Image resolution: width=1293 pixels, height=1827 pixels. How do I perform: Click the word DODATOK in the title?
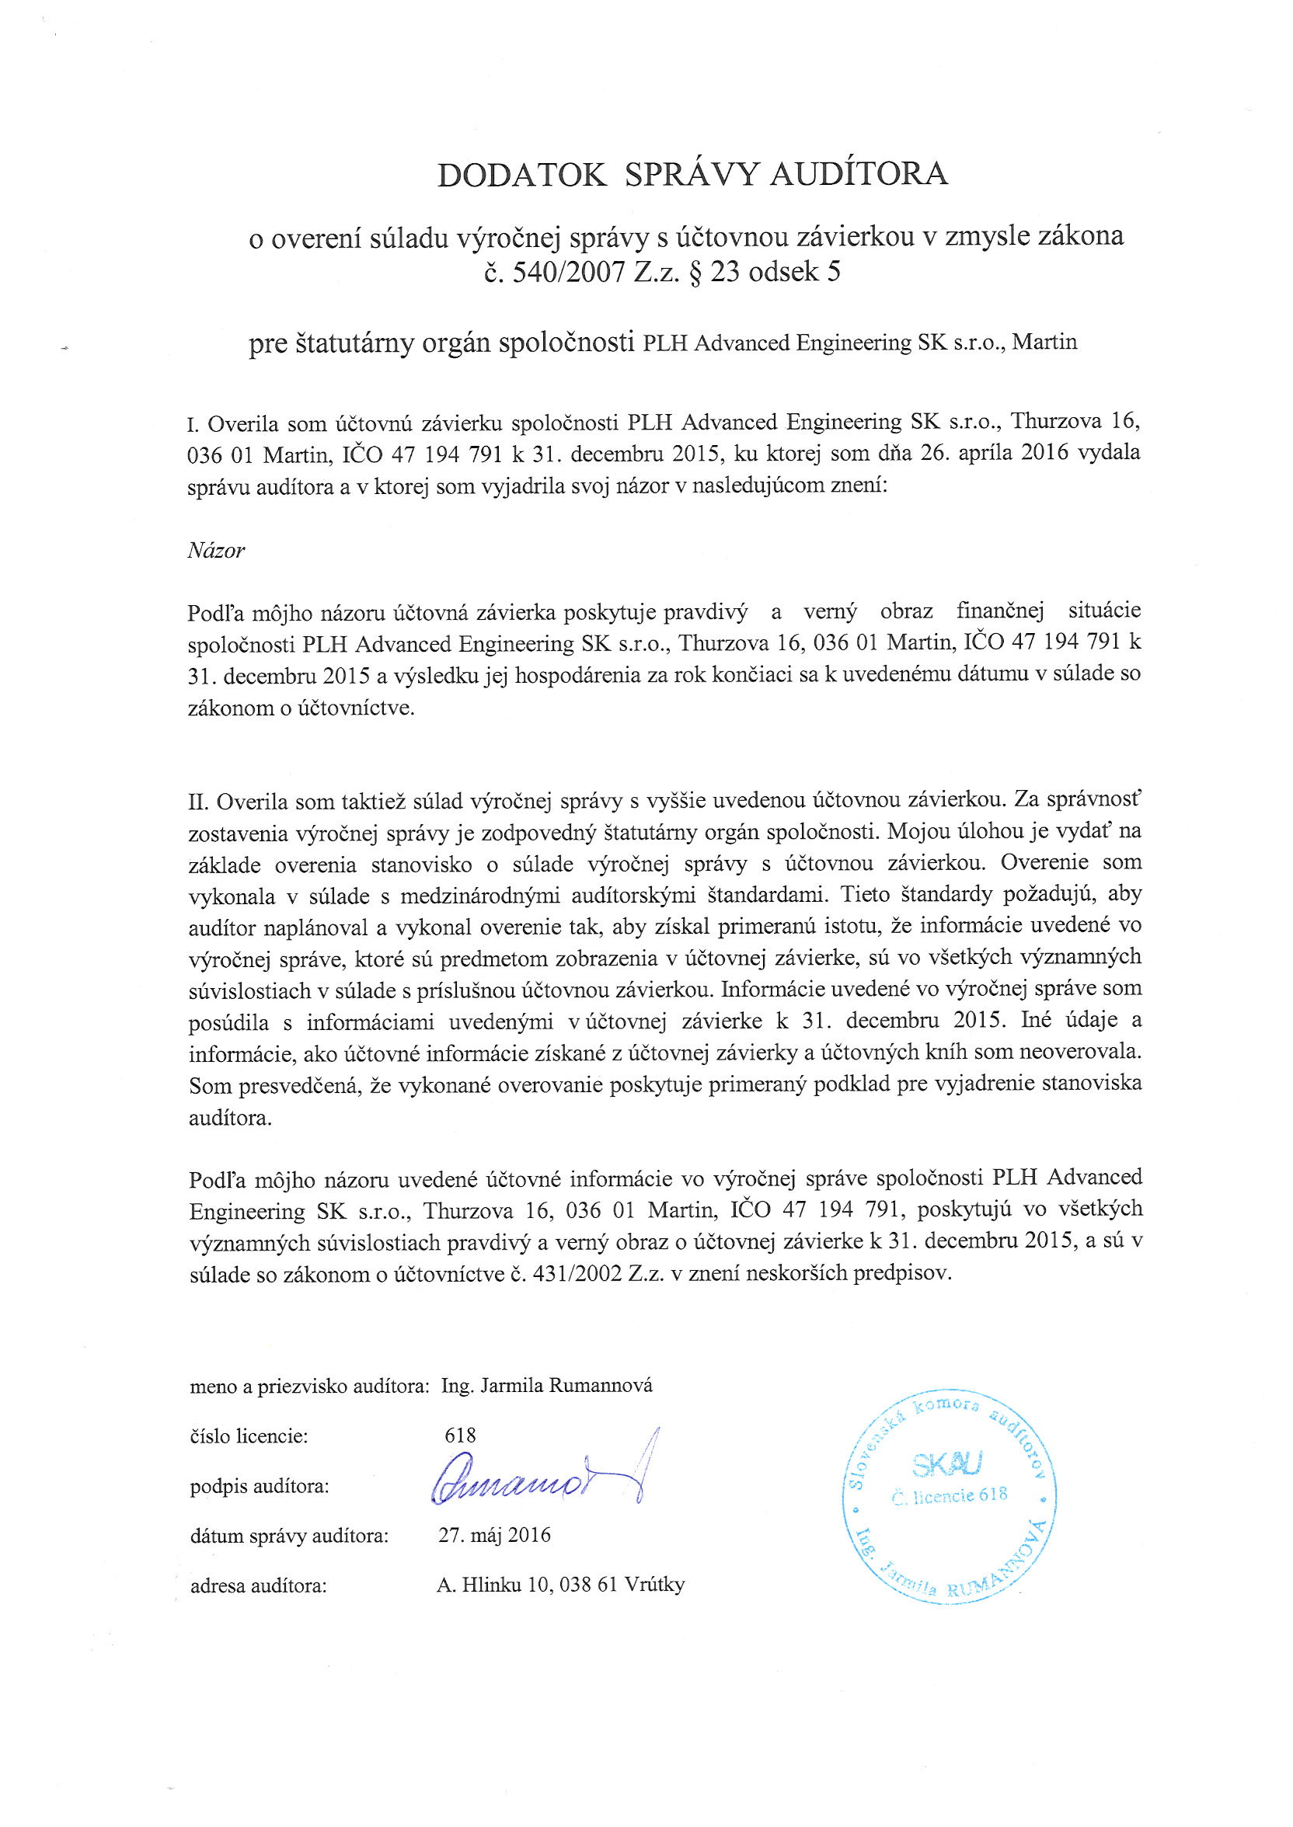[521, 174]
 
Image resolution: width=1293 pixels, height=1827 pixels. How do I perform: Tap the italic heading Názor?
[216, 551]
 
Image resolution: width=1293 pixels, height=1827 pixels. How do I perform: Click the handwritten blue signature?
[542, 1481]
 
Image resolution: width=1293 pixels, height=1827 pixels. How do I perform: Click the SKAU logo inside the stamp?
[947, 1462]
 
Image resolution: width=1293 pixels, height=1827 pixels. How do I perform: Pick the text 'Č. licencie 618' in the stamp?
[950, 1495]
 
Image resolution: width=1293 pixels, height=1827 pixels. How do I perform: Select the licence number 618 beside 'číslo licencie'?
[460, 1435]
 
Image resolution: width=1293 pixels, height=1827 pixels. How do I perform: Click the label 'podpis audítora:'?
[260, 1487]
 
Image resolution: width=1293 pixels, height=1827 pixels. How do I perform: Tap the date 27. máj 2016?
[494, 1534]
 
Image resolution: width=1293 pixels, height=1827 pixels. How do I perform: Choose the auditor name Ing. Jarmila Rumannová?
[547, 1385]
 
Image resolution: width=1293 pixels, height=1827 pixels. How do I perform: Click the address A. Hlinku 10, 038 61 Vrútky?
[560, 1585]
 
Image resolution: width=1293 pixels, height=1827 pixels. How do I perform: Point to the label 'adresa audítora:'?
[259, 1586]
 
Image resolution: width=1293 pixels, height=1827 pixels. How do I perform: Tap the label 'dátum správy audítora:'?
[289, 1536]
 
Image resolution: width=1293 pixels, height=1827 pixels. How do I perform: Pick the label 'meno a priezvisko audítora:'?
[310, 1387]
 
